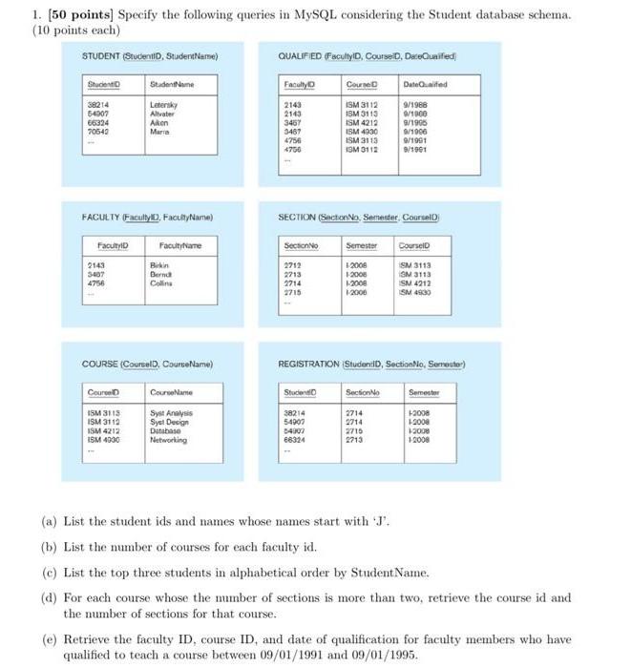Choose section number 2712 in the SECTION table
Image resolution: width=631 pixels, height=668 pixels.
pyautogui.click(x=294, y=263)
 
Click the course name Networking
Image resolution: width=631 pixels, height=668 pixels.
pyautogui.click(x=168, y=440)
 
